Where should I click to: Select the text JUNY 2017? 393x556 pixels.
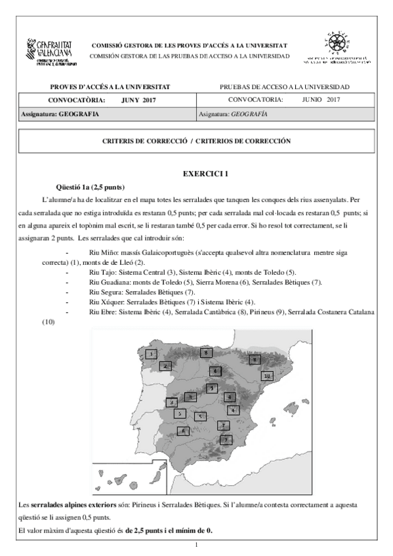pos(143,100)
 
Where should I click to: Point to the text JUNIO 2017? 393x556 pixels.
pos(321,100)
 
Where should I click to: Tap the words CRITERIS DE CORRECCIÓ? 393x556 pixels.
pos(144,141)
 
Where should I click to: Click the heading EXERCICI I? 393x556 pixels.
pos(205,174)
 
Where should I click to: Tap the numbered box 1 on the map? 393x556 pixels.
pos(152,354)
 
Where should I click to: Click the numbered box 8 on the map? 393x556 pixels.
pos(206,353)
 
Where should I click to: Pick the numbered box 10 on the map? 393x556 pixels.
pos(266,376)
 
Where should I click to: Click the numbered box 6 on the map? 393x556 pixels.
pos(184,431)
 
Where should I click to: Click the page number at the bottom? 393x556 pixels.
pos(197,546)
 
